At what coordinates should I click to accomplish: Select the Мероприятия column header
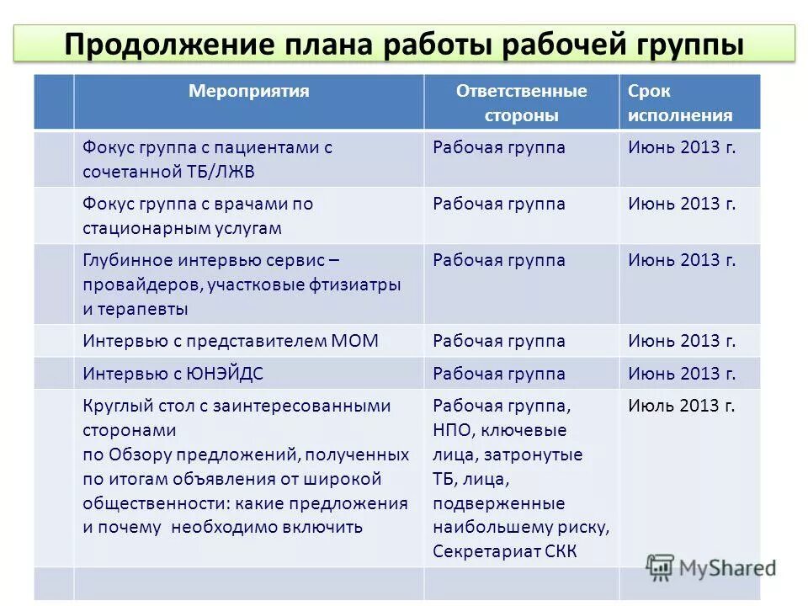pyautogui.click(x=248, y=91)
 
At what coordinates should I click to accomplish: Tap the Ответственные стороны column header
pyautogui.click(x=521, y=103)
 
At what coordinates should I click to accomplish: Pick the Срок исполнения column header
pyautogui.click(x=679, y=103)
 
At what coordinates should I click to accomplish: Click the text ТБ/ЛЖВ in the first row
pyautogui.click(x=220, y=172)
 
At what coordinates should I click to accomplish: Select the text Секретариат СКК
pyautogui.click(x=506, y=552)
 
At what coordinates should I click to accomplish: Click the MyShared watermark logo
pyautogui.click(x=711, y=566)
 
